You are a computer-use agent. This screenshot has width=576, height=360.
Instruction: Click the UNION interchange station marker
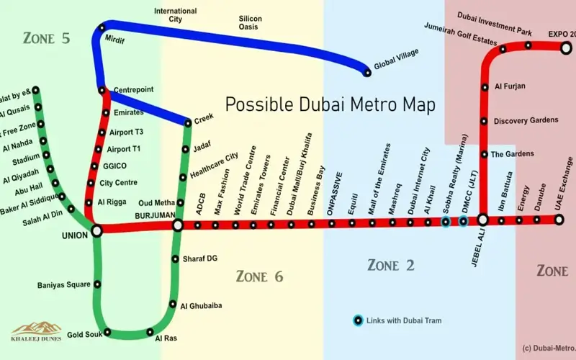point(96,230)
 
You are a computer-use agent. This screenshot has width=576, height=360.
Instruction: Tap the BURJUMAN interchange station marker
point(178,226)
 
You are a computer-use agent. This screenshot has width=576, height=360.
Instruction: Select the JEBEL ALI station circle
point(483,220)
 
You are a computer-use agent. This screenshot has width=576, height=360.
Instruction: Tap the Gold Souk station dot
point(107,332)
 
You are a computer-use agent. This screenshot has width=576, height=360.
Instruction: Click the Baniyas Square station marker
point(96,285)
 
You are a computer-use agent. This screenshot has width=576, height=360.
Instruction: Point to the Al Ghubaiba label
point(201,305)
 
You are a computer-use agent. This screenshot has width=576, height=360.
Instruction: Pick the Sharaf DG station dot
point(175,259)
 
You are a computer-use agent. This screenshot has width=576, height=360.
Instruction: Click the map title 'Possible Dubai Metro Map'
point(330,104)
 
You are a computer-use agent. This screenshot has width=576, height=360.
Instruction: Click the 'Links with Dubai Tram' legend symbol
point(358,320)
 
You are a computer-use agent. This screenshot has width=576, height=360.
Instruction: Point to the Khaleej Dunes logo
point(36,332)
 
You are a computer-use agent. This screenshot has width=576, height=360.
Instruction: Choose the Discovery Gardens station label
point(526,120)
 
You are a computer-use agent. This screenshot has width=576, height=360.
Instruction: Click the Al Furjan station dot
point(484,87)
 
